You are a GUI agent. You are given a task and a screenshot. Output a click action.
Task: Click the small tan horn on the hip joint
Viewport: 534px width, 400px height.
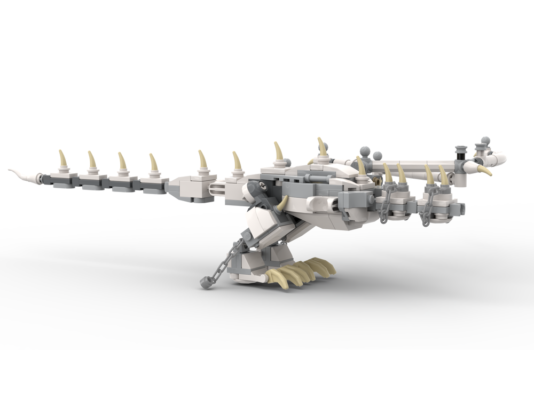(x=282, y=203)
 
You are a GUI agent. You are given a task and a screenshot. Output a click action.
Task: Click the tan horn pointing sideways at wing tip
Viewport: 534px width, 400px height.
(x=484, y=171)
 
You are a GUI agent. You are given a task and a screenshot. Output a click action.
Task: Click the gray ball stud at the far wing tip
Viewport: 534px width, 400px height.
(x=485, y=141)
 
